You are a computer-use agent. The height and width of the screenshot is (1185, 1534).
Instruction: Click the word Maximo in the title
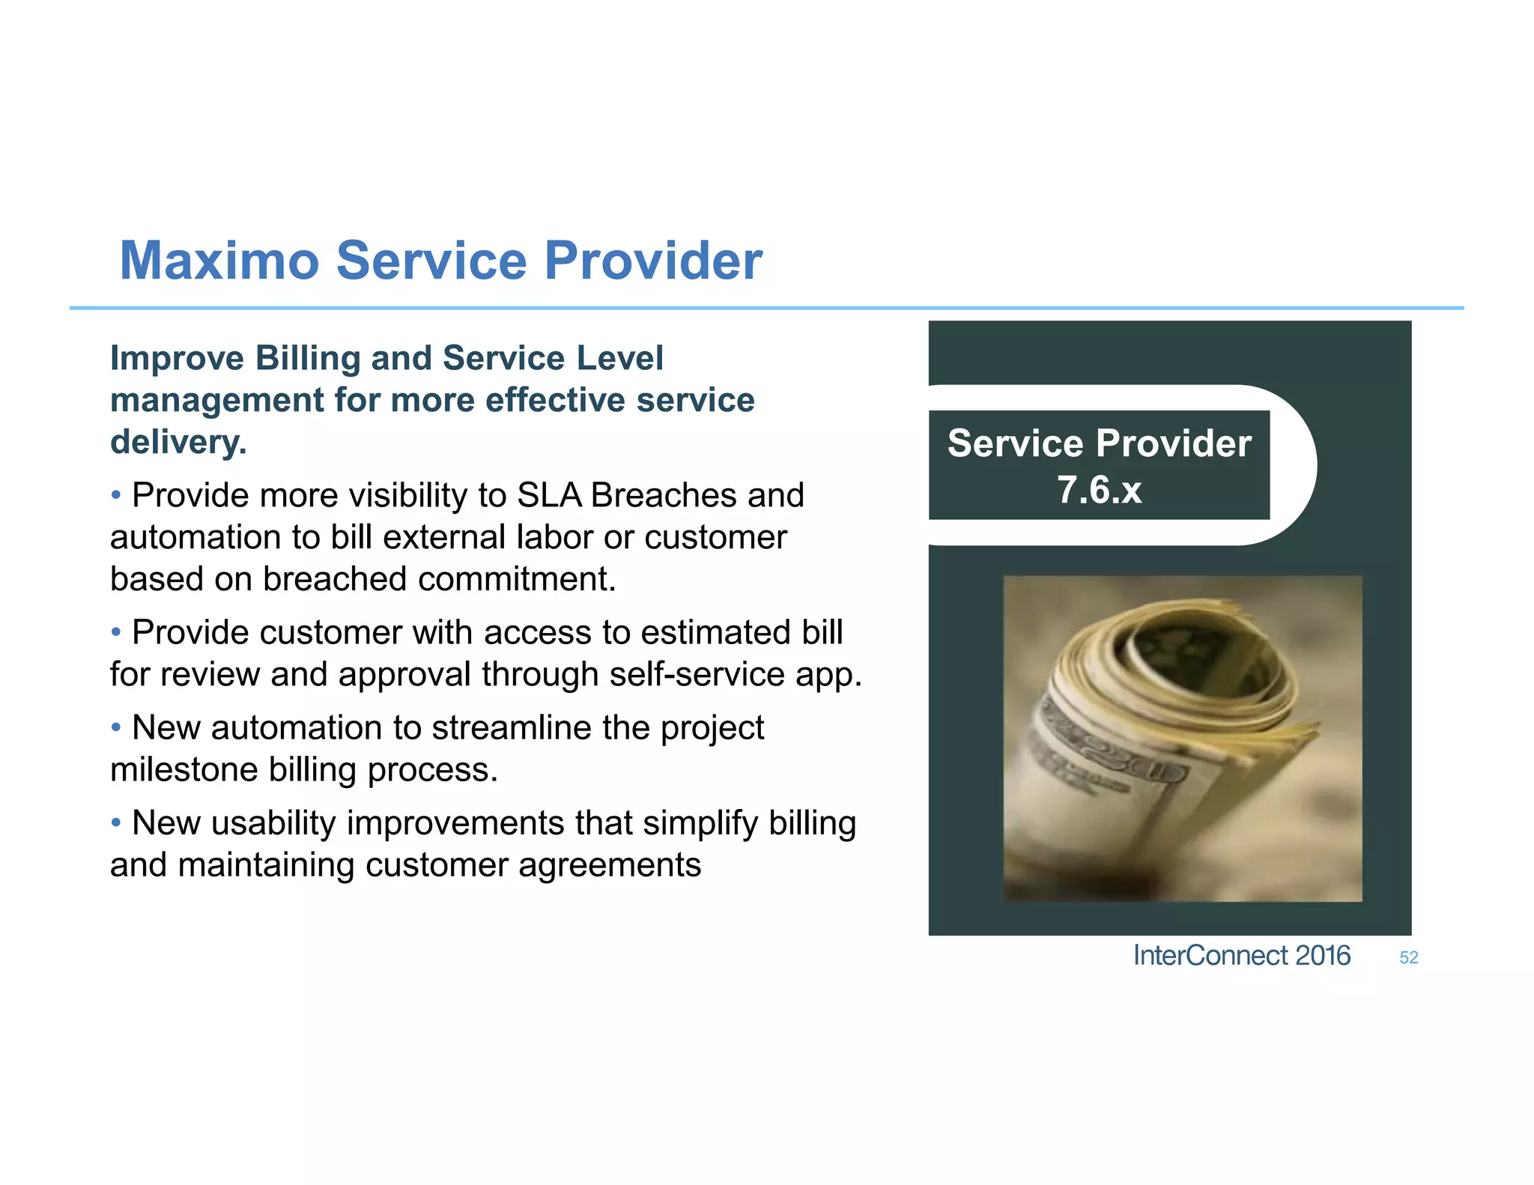[x=219, y=261]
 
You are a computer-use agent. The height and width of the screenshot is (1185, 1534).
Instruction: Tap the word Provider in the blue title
[x=652, y=261]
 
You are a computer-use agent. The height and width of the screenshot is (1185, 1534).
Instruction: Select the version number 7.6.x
[x=1099, y=490]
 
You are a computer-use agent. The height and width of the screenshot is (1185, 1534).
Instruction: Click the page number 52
[x=1408, y=957]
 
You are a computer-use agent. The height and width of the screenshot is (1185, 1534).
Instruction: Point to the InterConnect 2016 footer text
[x=1241, y=956]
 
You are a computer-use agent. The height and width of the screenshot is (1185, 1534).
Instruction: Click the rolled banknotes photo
[x=1182, y=738]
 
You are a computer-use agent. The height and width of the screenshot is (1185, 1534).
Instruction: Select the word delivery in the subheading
[x=177, y=442]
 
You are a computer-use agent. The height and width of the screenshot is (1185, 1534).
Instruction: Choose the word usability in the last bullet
[x=273, y=822]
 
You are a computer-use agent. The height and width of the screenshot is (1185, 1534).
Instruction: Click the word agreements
[x=609, y=865]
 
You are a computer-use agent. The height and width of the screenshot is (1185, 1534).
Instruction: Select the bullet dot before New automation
[x=116, y=727]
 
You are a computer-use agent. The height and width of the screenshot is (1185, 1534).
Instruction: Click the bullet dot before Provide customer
[x=116, y=632]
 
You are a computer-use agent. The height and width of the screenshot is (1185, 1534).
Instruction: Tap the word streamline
[x=511, y=727]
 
